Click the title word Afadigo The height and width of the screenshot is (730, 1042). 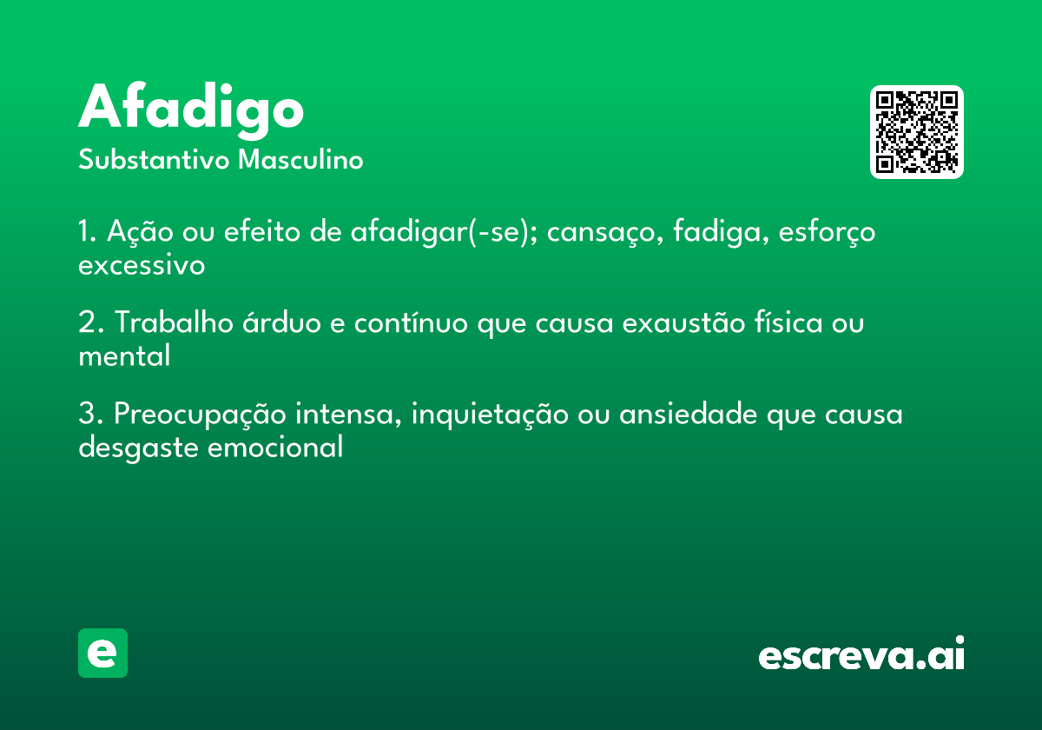point(191,111)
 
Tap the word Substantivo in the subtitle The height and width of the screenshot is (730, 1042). point(154,159)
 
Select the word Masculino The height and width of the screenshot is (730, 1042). point(300,159)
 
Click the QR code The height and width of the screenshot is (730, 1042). point(916,132)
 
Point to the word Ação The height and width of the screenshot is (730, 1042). point(140,231)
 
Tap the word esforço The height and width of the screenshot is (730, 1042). point(827,231)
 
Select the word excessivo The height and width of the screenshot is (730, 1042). point(142,265)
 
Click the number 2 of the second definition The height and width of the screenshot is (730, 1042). point(87,322)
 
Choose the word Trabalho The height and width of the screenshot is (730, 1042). point(174,322)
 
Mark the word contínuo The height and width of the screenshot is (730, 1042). point(411,322)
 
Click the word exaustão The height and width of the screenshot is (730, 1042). point(684,322)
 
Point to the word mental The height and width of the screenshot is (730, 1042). point(124,355)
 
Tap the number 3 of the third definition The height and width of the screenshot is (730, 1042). point(87,413)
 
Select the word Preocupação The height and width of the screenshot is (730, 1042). point(200,415)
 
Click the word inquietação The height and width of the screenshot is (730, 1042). point(490,415)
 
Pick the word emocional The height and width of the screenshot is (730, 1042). point(275,447)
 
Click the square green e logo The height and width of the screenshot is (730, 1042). point(102,653)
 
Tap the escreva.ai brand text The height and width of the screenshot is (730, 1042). point(861,653)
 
